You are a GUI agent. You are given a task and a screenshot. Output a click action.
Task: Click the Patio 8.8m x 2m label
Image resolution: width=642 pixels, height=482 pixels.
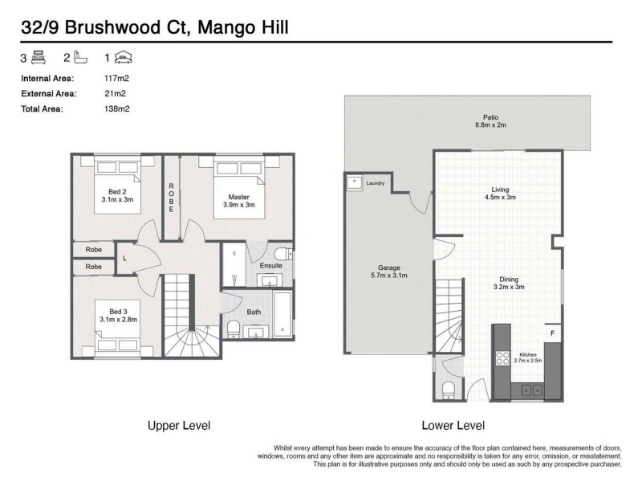(490, 120)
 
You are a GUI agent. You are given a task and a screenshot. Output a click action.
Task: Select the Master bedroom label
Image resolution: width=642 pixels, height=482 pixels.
(238, 200)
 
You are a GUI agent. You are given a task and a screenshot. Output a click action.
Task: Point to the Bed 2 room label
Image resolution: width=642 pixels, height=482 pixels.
(117, 195)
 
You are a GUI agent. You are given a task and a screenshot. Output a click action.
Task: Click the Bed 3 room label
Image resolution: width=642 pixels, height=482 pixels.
(117, 315)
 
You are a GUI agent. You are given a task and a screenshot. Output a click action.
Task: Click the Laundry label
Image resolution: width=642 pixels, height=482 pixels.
(375, 183)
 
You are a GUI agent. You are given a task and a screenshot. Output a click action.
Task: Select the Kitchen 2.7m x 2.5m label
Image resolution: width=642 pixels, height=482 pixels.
(527, 357)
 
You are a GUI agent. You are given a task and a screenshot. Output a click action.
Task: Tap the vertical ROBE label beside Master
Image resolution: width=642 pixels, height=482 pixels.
(171, 198)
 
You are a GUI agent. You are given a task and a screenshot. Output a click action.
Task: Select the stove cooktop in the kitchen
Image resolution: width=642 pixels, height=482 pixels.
(504, 357)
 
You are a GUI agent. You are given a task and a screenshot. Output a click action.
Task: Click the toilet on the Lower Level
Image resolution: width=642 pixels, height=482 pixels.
(449, 390)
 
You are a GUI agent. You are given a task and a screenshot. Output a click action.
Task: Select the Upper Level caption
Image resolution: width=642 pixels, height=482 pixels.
(178, 425)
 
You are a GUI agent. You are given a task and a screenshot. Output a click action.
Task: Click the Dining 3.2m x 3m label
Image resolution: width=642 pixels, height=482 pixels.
(507, 282)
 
